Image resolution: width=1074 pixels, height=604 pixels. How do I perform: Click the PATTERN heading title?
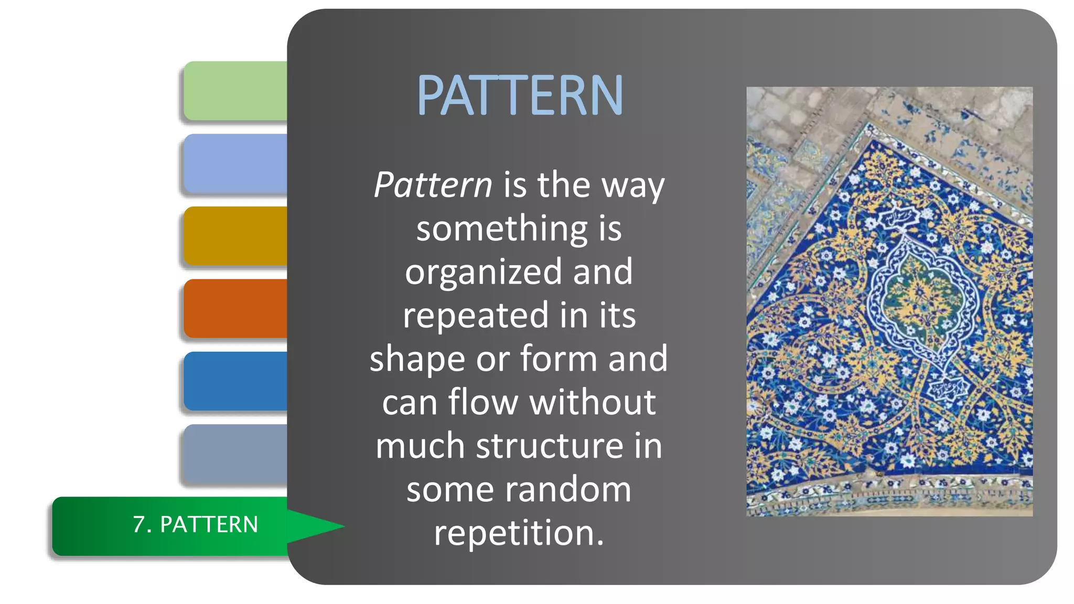pos(519,95)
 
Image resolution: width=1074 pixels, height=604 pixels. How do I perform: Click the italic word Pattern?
pos(433,185)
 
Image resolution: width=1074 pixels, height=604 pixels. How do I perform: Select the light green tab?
pos(235,91)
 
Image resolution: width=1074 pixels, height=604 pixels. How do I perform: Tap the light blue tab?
pos(235,164)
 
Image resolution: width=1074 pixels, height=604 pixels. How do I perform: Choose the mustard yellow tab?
pos(235,236)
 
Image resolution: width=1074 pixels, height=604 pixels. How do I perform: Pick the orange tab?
pos(235,308)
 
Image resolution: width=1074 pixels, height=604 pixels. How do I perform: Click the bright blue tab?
pos(235,381)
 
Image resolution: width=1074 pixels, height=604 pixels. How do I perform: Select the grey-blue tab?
pos(235,454)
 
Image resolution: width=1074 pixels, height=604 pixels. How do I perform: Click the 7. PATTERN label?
pos(195,525)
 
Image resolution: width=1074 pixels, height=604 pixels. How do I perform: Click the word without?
pos(592,403)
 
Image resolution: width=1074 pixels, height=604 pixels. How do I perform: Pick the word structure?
pos(549,446)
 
